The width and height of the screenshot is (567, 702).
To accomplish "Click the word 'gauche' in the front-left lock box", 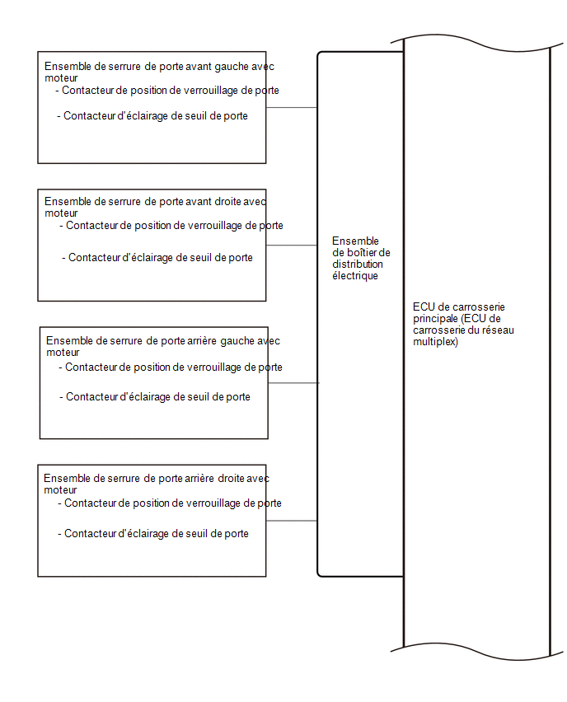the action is point(232,67).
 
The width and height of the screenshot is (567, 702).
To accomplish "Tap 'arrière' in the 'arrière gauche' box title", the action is point(202,341).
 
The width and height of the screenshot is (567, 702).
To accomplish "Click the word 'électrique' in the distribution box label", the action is point(355,276).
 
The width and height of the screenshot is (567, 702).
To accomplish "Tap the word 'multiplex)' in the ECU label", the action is point(435,342).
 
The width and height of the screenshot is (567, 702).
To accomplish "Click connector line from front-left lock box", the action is point(292,107).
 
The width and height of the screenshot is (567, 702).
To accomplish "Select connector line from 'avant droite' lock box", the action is point(292,246).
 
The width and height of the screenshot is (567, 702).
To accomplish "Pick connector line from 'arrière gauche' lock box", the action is point(293,383).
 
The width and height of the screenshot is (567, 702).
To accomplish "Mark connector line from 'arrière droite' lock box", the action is point(292,521).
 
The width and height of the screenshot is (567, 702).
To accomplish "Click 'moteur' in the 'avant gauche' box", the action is point(61,78).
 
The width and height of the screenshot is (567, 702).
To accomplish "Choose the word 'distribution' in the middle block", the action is point(358,264).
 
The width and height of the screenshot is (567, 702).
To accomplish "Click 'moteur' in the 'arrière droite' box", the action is point(60,489).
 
